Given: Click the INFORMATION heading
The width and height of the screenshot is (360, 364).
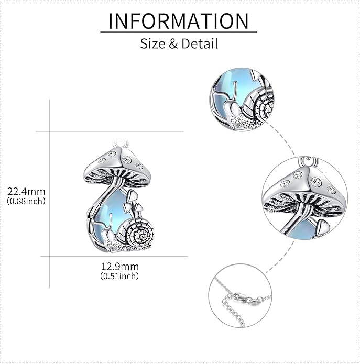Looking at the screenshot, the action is pos(179,21).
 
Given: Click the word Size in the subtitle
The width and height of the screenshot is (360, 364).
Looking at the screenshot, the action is pos(152,43).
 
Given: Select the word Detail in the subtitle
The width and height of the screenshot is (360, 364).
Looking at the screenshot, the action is pos(200,43).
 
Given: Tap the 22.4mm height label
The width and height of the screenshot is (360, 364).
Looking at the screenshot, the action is pos(26,192).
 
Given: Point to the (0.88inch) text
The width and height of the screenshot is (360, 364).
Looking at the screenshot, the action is pos(26,201).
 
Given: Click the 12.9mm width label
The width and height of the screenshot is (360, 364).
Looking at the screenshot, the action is pos(119,267).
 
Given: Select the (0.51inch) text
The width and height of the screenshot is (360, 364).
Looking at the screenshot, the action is pos(119,276).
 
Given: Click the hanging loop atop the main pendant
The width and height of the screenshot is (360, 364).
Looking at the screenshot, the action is pos(121,143).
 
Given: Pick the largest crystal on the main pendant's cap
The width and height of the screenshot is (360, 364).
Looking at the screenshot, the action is pos(127,159).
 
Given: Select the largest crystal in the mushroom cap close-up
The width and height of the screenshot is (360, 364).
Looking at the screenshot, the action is pos(315,181).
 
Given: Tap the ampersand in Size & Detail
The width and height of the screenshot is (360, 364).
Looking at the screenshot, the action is pos(173,43).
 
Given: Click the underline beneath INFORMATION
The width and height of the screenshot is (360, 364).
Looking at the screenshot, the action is pos(179,32).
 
